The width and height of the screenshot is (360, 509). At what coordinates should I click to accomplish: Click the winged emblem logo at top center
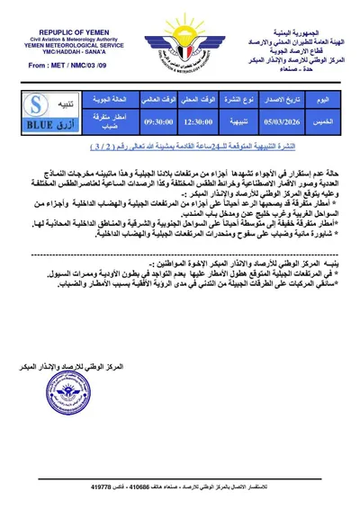click(x=180, y=43)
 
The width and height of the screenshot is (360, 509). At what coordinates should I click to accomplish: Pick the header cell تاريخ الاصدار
click(x=275, y=97)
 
